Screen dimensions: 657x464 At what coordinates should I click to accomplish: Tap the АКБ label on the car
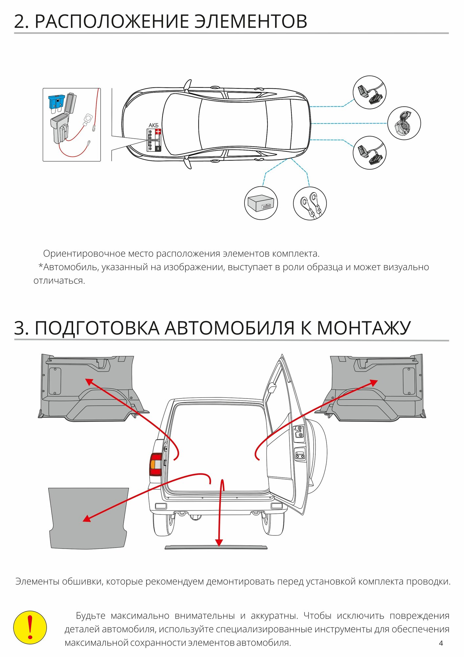pyautogui.click(x=153, y=125)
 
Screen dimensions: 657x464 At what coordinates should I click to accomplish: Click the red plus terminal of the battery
pyautogui.click(x=158, y=132)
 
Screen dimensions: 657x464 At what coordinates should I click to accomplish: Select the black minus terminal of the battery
pyautogui.click(x=158, y=148)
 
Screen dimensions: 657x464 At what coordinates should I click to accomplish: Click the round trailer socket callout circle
pyautogui.click(x=404, y=123)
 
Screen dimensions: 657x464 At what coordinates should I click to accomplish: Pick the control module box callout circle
pyautogui.click(x=261, y=203)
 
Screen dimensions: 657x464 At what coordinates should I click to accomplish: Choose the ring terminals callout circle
pyautogui.click(x=309, y=203)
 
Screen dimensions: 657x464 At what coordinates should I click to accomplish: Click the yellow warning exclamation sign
pyautogui.click(x=30, y=627)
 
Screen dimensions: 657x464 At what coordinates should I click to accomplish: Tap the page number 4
pyautogui.click(x=441, y=643)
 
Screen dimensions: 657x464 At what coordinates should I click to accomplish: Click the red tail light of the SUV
pyautogui.click(x=156, y=464)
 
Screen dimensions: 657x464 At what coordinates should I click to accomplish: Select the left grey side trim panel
pyautogui.click(x=89, y=388)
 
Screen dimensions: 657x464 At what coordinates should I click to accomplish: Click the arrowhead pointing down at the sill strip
pyautogui.click(x=219, y=543)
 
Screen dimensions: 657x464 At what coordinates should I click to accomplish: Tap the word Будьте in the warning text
pyautogui.click(x=91, y=616)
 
